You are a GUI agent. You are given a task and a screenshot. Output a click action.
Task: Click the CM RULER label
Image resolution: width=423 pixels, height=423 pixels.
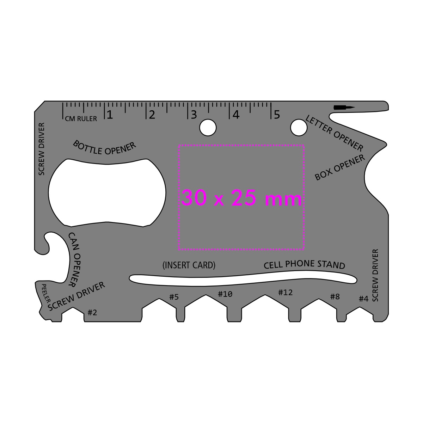pyautogui.click(x=81, y=119)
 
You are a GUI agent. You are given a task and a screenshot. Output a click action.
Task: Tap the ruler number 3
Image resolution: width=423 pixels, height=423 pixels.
pyautogui.click(x=194, y=115)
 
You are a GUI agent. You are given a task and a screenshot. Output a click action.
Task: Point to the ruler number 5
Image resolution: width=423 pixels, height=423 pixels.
pyautogui.click(x=277, y=115)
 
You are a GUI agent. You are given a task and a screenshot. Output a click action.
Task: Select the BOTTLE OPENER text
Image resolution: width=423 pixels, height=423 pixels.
pyautogui.click(x=104, y=148)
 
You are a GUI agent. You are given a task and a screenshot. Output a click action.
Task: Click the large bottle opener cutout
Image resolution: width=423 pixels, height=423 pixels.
pyautogui.click(x=107, y=193)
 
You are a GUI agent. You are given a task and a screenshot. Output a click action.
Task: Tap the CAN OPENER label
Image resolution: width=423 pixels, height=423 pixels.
pyautogui.click(x=74, y=260)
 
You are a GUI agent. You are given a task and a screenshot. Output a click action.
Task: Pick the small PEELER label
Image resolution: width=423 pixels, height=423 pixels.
pyautogui.click(x=46, y=293)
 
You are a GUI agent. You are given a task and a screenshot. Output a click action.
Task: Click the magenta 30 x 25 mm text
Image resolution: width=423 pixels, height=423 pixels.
pyautogui.click(x=241, y=198)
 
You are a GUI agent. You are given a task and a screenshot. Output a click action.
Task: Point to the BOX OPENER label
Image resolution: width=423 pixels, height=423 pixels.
pyautogui.click(x=340, y=168)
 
